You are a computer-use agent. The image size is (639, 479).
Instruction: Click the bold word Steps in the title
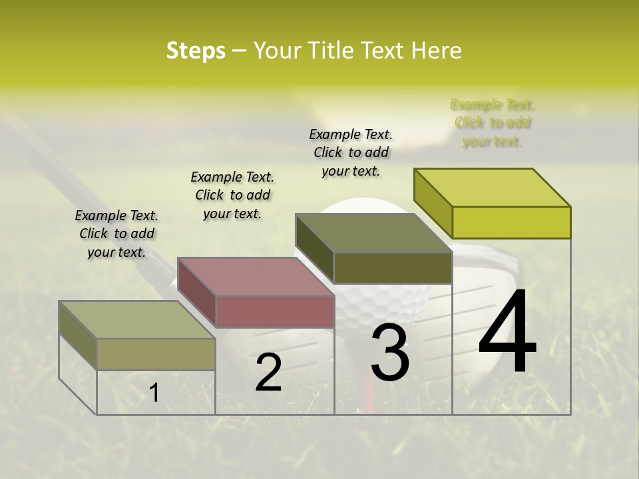[196, 51]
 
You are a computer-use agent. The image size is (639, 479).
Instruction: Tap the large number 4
[507, 333]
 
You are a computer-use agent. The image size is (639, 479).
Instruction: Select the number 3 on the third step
[390, 353]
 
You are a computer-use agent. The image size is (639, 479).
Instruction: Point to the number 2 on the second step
[268, 373]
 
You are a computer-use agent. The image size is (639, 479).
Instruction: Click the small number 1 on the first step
[154, 393]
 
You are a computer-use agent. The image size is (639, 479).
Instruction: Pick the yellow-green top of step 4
[493, 187]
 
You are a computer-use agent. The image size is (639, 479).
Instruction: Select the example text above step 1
[116, 234]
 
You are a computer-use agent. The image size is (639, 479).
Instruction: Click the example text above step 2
[232, 195]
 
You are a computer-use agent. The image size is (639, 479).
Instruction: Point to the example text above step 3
[351, 152]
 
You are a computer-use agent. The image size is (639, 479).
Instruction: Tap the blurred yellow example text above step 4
[493, 122]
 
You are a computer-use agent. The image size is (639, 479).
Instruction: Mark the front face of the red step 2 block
[275, 311]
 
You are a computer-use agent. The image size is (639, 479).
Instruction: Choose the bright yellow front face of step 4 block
[511, 222]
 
